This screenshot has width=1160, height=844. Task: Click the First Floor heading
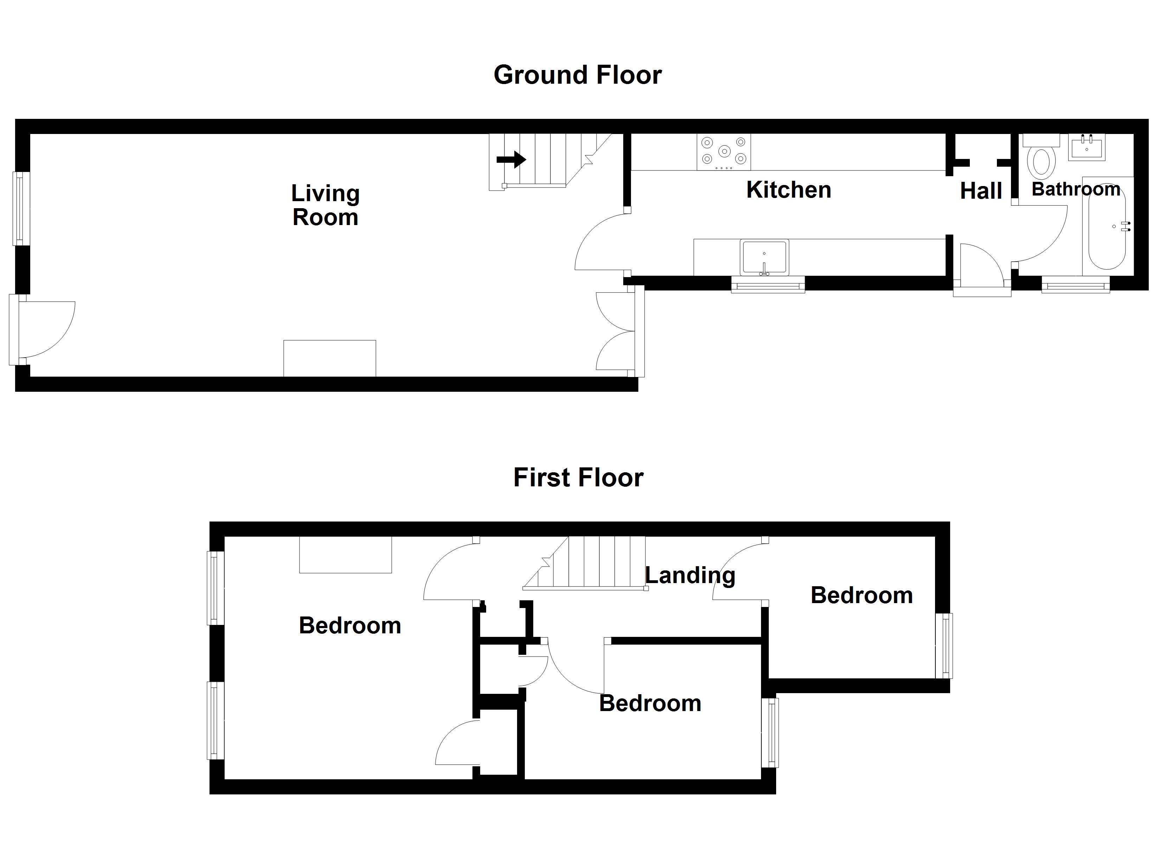[x=579, y=478]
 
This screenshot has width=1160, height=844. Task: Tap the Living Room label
[x=325, y=205]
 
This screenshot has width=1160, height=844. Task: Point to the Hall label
[x=980, y=191]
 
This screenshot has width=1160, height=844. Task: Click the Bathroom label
[x=1076, y=190]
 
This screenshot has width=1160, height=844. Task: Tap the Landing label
[x=690, y=576]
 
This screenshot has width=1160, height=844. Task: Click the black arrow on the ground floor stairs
[x=511, y=160]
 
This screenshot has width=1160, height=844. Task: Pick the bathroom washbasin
[x=1086, y=147]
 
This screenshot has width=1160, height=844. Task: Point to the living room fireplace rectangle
[x=330, y=359]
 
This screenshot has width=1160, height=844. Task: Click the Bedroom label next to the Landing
[x=862, y=596]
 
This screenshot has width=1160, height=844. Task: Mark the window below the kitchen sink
[x=768, y=284]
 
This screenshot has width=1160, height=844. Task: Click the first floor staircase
[x=586, y=563]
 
